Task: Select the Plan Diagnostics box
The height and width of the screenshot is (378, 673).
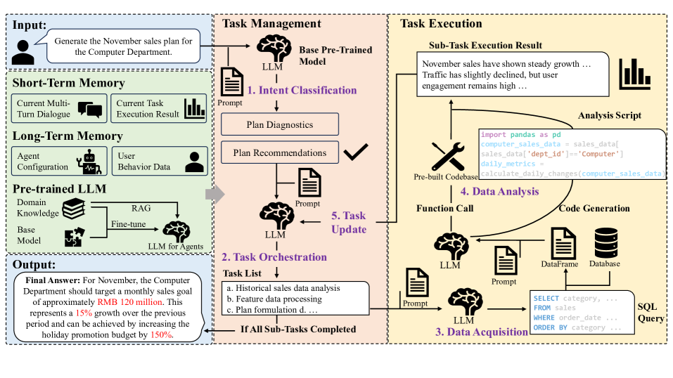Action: [x=279, y=124]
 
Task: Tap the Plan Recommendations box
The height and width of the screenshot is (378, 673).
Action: [x=279, y=152]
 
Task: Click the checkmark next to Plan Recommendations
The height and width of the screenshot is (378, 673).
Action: [x=356, y=151]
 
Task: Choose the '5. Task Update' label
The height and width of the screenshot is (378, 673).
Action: [x=350, y=223]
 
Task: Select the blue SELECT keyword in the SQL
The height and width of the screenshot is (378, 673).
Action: [x=546, y=298]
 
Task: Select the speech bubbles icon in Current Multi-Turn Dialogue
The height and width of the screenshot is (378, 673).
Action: [x=90, y=109]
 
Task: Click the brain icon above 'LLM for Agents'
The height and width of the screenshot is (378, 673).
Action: [x=176, y=230]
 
